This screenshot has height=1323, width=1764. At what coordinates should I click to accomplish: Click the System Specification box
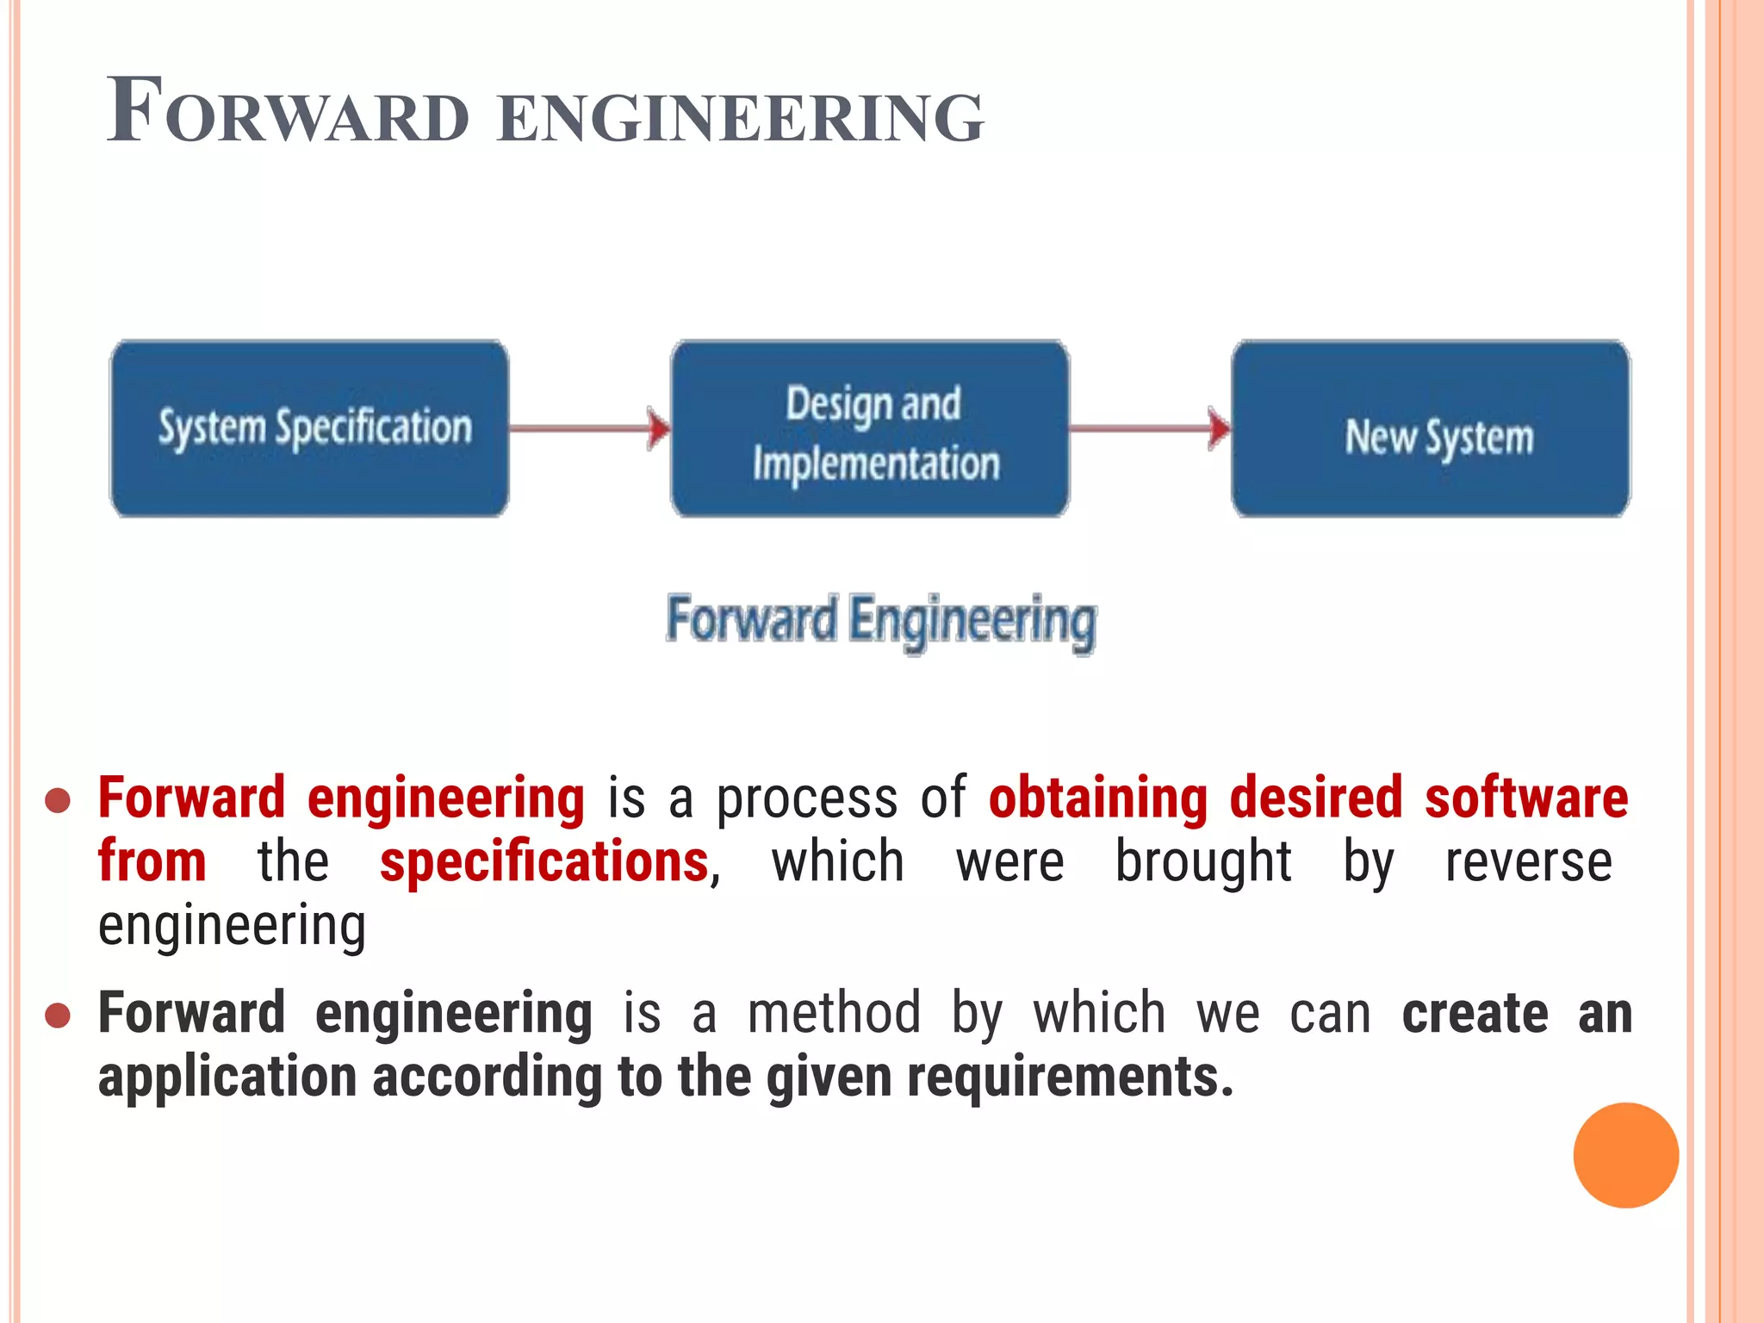click(x=310, y=428)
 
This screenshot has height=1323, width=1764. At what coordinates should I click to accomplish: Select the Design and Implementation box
click(x=870, y=428)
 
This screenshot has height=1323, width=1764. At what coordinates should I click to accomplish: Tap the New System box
click(x=1431, y=428)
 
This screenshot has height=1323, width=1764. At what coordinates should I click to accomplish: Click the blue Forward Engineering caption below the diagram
click(x=881, y=620)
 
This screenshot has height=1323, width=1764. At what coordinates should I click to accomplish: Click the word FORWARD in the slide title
click(x=289, y=112)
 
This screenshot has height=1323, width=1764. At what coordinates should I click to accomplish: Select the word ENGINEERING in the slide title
click(x=741, y=117)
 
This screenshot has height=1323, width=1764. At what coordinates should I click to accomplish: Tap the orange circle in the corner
click(x=1625, y=1155)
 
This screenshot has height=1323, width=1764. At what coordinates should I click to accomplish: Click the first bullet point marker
click(x=57, y=800)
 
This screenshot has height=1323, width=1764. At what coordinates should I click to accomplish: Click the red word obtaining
click(x=1098, y=798)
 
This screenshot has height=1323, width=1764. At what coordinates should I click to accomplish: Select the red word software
click(x=1525, y=798)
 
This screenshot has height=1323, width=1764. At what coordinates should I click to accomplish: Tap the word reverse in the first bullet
click(x=1527, y=862)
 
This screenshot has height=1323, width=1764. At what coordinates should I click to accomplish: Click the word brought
click(x=1202, y=862)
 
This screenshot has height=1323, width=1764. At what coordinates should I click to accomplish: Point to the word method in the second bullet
click(x=834, y=1013)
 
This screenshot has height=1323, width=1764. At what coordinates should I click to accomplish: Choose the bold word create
click(x=1474, y=1013)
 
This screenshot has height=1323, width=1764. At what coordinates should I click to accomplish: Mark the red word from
click(x=152, y=862)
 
